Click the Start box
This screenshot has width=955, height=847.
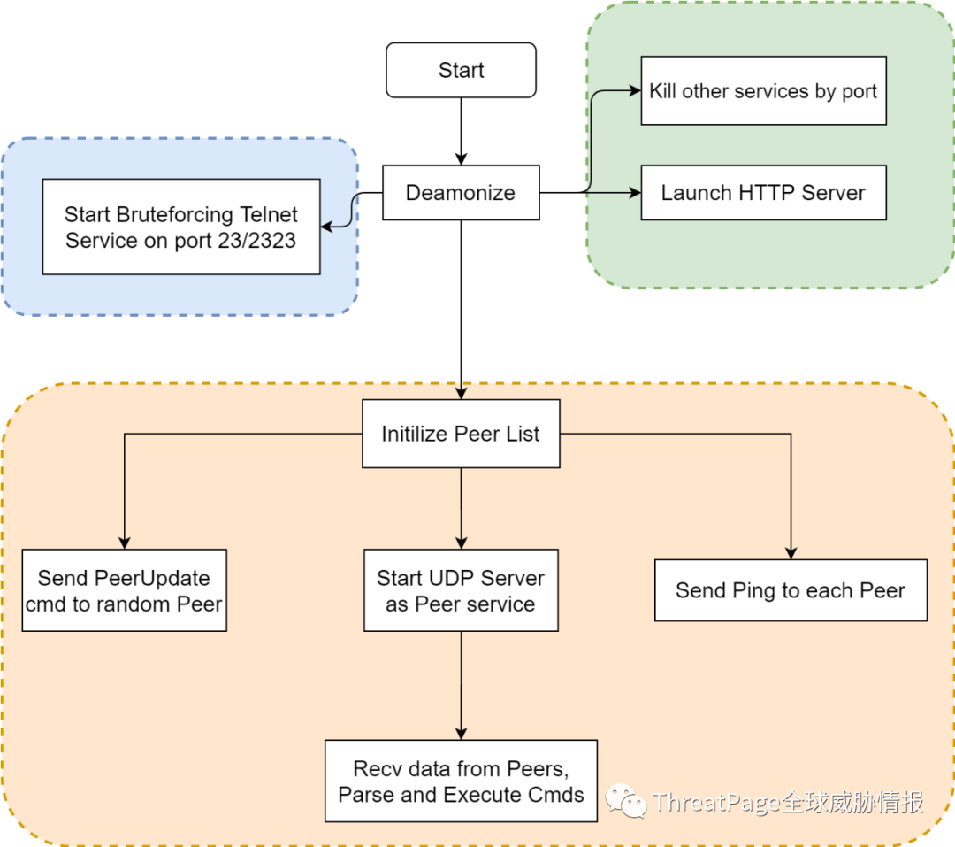461,70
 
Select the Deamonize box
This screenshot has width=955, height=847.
461,193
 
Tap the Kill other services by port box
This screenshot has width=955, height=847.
764,91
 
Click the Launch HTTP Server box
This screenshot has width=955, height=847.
764,193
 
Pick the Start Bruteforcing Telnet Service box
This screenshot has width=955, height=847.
181,227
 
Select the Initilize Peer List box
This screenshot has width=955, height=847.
461,434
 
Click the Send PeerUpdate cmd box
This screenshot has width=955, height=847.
125,590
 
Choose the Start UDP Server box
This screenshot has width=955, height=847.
461,590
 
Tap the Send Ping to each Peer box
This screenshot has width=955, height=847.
791,590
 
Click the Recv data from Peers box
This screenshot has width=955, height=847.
461,782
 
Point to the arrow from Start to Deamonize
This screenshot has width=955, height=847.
461,131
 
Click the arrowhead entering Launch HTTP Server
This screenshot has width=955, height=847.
635,193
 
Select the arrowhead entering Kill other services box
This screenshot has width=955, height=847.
635,91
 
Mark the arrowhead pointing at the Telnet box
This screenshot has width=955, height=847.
326,227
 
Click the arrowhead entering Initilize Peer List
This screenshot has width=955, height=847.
461,393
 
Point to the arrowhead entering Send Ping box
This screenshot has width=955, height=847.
791,553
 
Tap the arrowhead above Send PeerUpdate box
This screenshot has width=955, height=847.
125,543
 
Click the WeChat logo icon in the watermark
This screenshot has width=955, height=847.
625,801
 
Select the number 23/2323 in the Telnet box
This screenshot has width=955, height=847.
257,240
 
